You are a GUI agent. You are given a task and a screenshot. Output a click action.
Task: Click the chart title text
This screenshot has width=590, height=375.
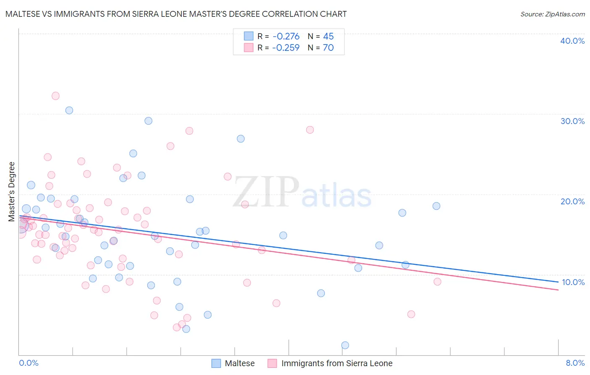coord(176,14)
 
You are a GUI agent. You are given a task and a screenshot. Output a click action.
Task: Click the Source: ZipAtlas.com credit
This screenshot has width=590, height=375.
coord(552,14)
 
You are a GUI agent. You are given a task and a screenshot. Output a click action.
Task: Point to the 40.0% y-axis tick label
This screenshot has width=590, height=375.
coord(572,41)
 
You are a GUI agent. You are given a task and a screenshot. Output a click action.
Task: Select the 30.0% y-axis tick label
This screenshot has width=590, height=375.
coord(572,121)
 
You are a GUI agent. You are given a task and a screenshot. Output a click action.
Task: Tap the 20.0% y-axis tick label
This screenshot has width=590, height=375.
coord(572,201)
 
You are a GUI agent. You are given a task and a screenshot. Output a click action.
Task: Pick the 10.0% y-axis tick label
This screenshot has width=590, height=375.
coord(573,282)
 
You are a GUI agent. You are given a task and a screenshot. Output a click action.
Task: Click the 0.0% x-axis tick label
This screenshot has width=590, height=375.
coord(29,363)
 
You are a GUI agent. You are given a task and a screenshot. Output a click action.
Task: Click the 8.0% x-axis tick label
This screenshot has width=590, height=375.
coord(575,363)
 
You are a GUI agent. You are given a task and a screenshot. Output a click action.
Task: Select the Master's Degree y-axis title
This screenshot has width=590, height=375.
coord(12,192)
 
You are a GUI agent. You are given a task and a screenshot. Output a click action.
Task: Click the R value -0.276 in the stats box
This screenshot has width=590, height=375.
coord(286,37)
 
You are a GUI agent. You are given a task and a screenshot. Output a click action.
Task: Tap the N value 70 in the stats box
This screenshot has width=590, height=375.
coord(328,48)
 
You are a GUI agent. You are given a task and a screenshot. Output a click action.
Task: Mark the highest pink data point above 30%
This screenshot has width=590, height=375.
coord(55,96)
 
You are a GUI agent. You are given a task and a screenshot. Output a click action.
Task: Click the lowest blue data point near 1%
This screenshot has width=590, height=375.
coord(345,345)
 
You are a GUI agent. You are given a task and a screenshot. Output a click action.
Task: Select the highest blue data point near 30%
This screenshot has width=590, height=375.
coord(69,110)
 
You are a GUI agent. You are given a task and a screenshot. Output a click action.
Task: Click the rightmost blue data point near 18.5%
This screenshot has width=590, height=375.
coord(436,206)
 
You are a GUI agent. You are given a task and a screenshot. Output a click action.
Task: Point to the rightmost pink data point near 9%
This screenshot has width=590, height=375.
coord(437,282)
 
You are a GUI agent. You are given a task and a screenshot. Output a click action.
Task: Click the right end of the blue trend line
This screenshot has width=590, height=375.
coord(558,282)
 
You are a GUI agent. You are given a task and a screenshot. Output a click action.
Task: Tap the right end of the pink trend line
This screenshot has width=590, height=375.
coord(558,290)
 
